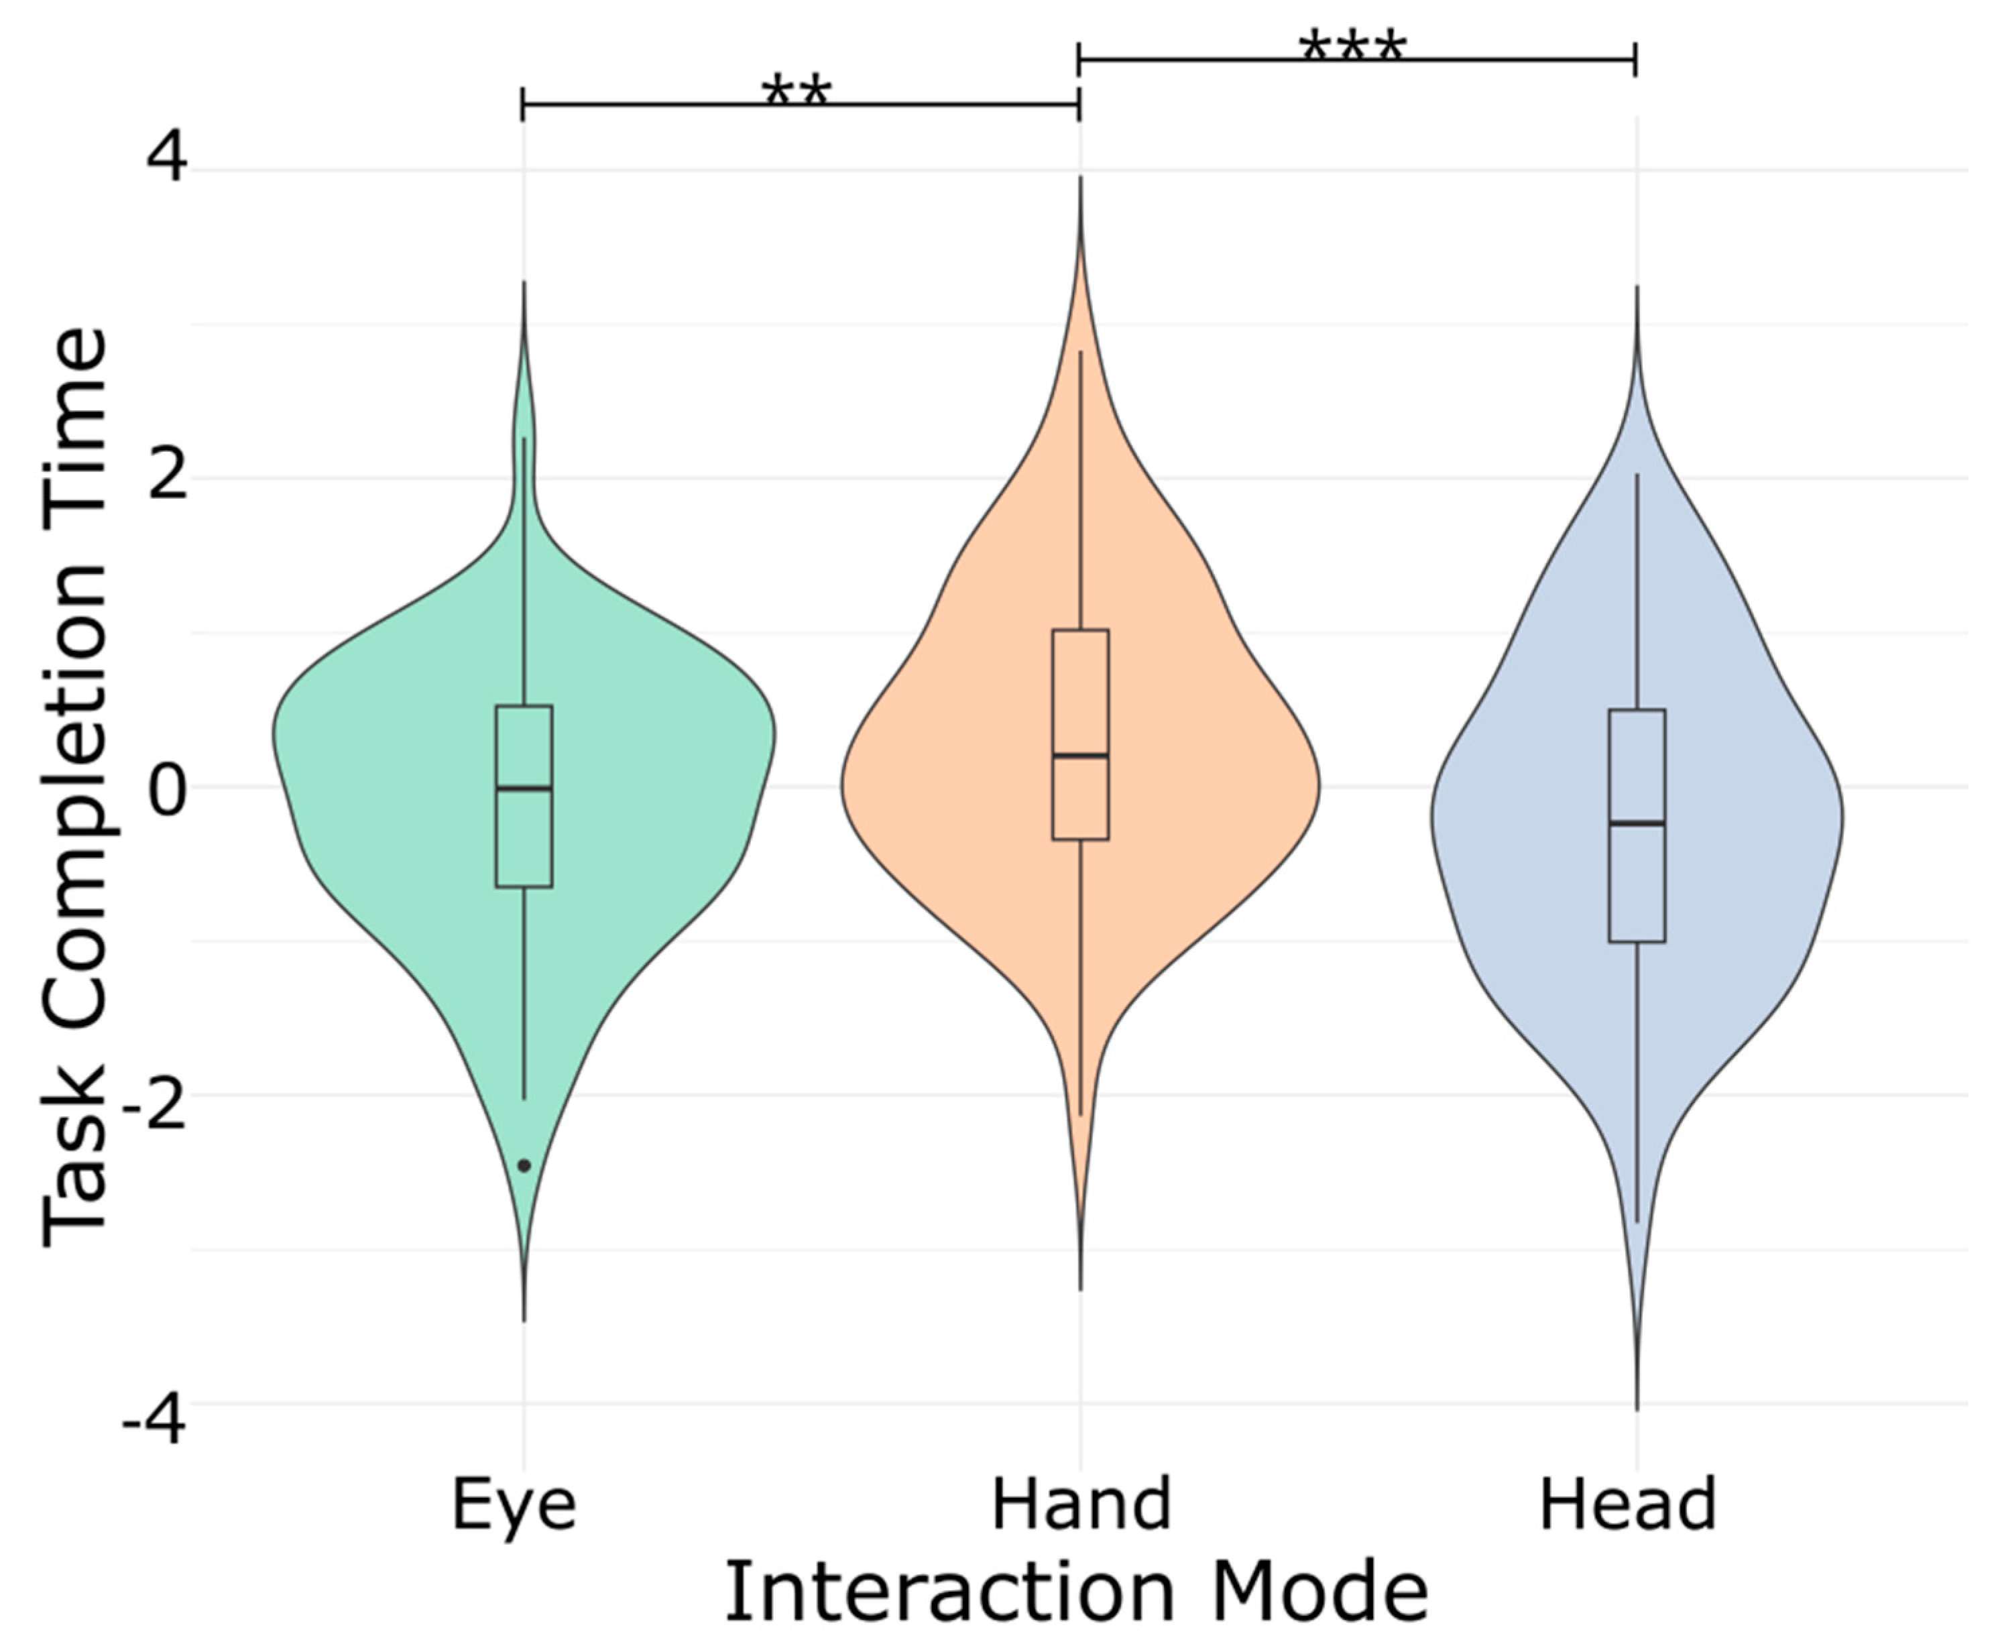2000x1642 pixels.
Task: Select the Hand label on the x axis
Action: pyautogui.click(x=1081, y=1504)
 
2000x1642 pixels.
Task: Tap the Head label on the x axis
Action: pyautogui.click(x=1627, y=1504)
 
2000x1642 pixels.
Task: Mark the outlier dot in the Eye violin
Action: pyautogui.click(x=524, y=1166)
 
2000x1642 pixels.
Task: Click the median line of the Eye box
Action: pyautogui.click(x=524, y=788)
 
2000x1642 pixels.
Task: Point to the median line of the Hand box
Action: pyautogui.click(x=1081, y=755)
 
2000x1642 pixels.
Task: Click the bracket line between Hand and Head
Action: pyautogui.click(x=1513, y=60)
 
